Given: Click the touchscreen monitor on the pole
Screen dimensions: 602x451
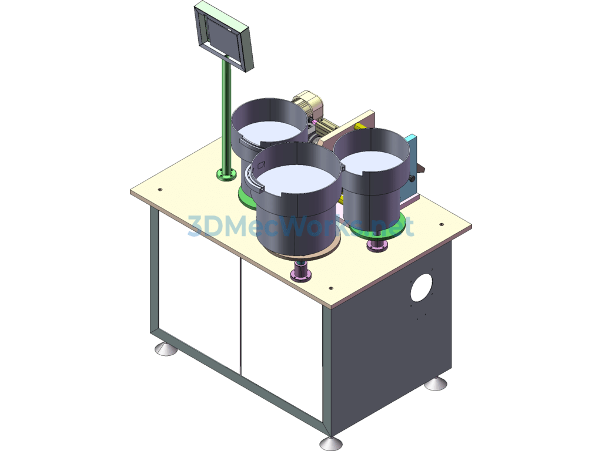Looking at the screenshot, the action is click(x=224, y=36).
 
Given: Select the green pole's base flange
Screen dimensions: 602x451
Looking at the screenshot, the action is click(x=227, y=175).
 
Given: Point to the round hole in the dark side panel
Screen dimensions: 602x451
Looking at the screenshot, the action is click(x=421, y=287).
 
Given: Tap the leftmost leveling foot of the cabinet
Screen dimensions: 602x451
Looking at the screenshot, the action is click(x=165, y=348).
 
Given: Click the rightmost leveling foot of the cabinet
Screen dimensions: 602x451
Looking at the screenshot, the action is click(x=436, y=383).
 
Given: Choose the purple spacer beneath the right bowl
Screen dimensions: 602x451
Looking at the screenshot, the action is click(x=377, y=245).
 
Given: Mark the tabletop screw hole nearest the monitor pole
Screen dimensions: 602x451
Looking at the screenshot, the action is click(x=160, y=190).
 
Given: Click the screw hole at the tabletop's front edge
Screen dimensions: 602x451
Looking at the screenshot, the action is click(x=331, y=288).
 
